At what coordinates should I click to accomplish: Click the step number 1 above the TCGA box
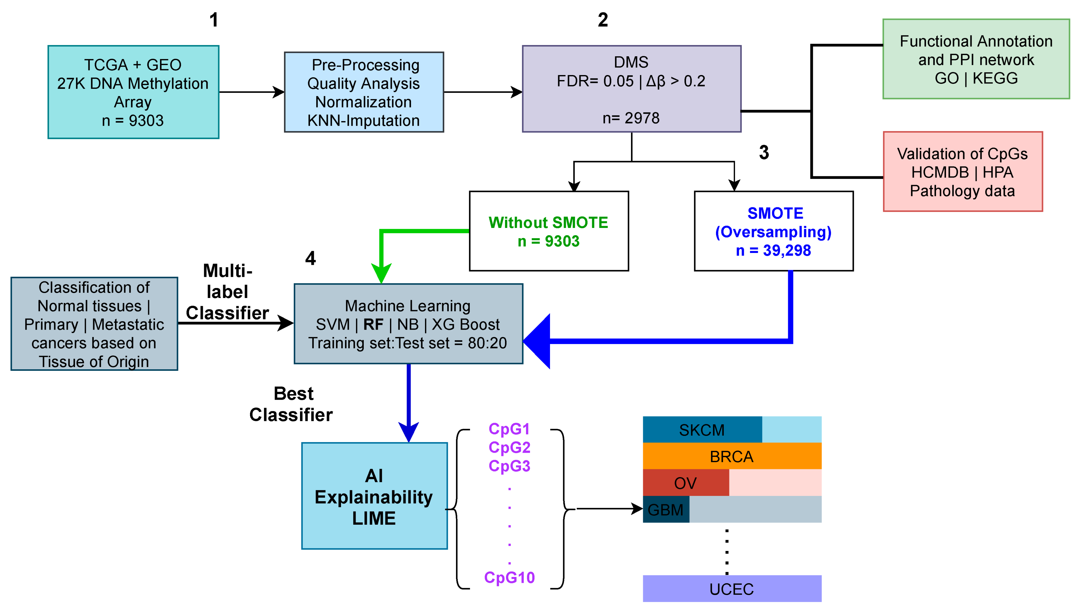point(214,20)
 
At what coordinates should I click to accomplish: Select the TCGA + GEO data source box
point(133,92)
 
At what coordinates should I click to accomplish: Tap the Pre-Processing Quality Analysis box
point(363,92)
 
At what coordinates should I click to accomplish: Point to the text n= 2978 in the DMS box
point(631,118)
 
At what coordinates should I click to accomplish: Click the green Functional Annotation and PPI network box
point(976,59)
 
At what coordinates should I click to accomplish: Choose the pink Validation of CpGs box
point(962,172)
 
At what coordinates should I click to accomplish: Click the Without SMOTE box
point(548,231)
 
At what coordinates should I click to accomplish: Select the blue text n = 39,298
point(773,250)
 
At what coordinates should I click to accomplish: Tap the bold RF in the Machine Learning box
point(373,325)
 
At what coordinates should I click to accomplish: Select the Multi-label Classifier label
point(228,292)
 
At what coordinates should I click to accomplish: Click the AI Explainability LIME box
point(374,496)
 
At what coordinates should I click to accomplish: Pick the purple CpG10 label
point(509,578)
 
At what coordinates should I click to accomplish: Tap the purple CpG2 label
point(509,447)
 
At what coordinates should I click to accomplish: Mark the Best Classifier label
point(291,404)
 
